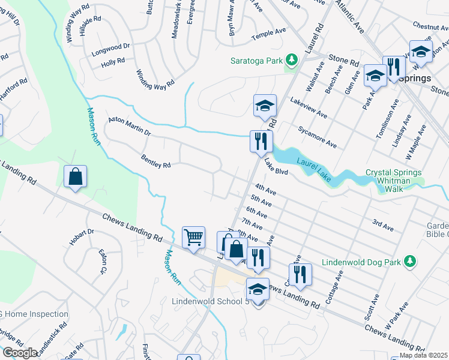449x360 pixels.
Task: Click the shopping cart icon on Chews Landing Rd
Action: (193, 237)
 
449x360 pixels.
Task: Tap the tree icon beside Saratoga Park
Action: (291, 60)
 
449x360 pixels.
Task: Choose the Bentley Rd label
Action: (155, 161)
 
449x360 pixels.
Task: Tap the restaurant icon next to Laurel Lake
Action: (261, 141)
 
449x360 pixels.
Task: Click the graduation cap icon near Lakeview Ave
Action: (264, 106)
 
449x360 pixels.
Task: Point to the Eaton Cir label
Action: (103, 262)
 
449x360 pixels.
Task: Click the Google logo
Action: (19, 353)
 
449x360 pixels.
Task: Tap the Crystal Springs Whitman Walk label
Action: (394, 180)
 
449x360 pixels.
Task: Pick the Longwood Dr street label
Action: (110, 46)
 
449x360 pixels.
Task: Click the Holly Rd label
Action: (112, 61)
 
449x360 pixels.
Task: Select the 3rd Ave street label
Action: (382, 224)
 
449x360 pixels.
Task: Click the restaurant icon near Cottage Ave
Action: (300, 274)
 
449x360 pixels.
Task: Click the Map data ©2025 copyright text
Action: (423, 355)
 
